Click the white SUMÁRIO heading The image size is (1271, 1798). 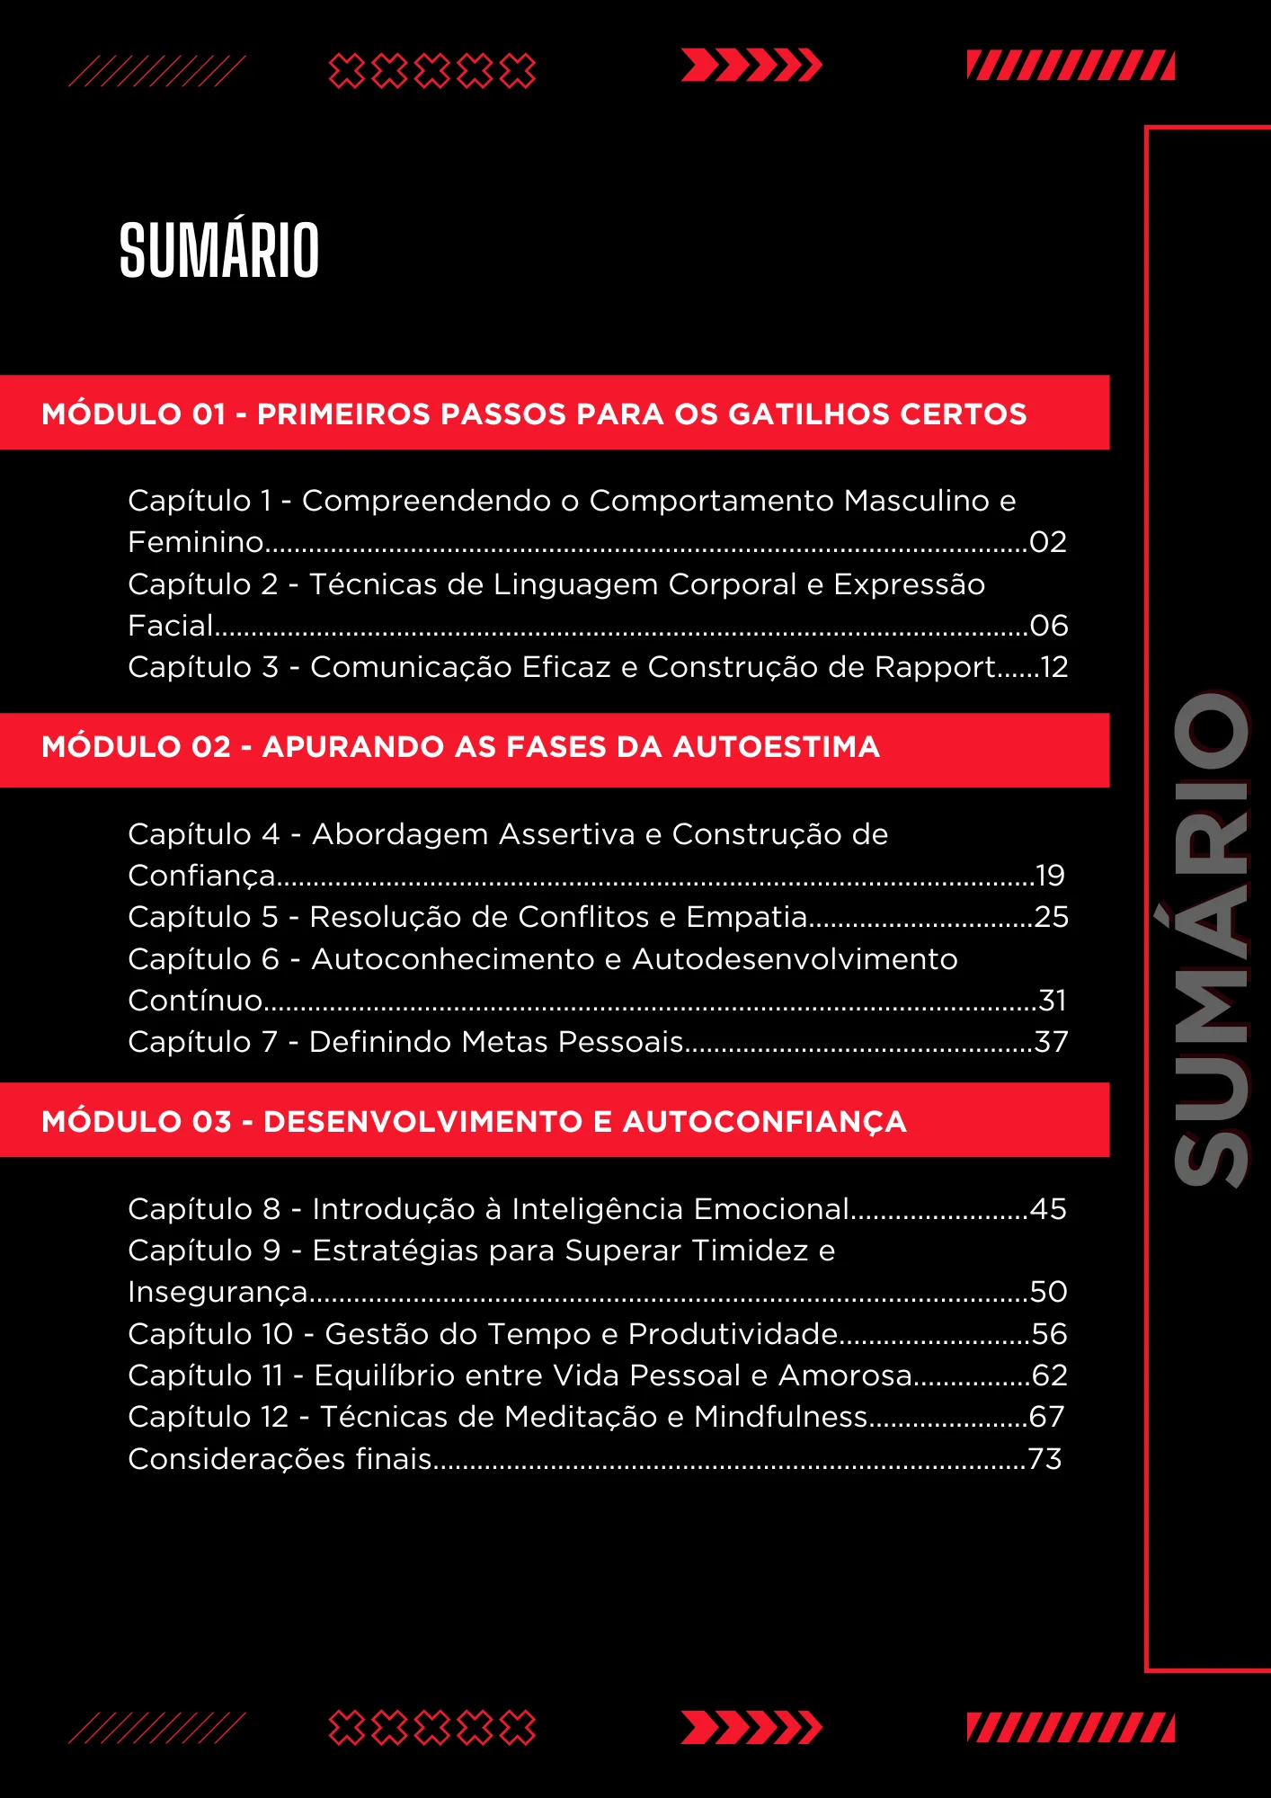[219, 250]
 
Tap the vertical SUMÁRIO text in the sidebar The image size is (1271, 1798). [1213, 939]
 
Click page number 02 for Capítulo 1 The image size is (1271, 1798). [1048, 542]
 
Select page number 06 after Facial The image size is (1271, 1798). [1049, 626]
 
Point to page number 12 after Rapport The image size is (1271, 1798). [1053, 667]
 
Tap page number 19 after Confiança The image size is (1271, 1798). [1050, 876]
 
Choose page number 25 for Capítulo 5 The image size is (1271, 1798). [1052, 917]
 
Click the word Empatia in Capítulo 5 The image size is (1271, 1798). [746, 917]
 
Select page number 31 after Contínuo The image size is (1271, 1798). [1053, 1001]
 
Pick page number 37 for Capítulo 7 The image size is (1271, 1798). [1052, 1042]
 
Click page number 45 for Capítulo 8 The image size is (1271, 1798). [1049, 1209]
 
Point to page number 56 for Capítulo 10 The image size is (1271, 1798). [1050, 1334]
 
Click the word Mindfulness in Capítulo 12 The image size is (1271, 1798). [781, 1417]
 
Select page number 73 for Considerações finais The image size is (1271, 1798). [1045, 1459]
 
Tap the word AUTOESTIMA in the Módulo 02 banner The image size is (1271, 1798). [776, 747]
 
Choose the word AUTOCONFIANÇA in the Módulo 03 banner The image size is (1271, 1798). [764, 1122]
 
